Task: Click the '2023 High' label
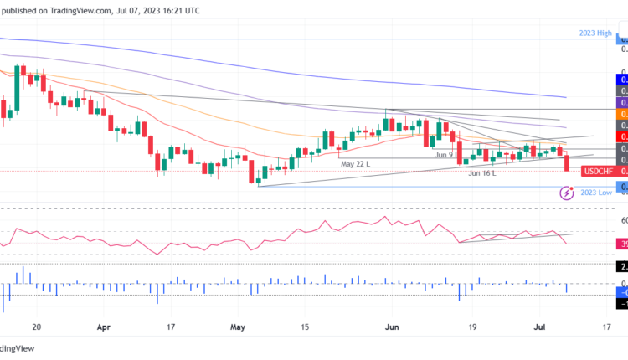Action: pos(595,33)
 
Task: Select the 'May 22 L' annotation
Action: pos(355,164)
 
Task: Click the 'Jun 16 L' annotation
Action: pos(482,173)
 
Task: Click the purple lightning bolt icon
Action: pos(566,193)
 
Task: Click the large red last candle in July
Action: pos(568,162)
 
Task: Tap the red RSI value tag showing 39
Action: pos(622,244)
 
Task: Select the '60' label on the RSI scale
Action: pos(622,220)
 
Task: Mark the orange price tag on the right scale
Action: pos(622,113)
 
